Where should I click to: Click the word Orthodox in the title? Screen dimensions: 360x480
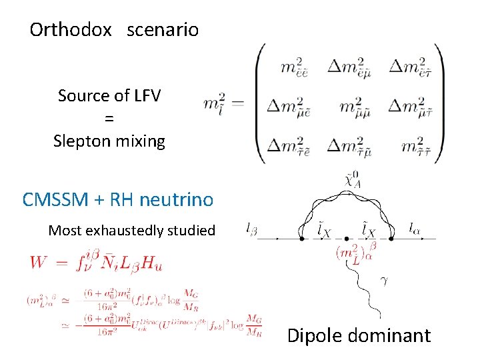71,30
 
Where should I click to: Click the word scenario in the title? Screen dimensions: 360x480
163,30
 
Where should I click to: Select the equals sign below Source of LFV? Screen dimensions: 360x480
109,119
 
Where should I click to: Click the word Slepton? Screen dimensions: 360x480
79,141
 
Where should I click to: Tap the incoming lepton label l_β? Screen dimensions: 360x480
252,230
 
